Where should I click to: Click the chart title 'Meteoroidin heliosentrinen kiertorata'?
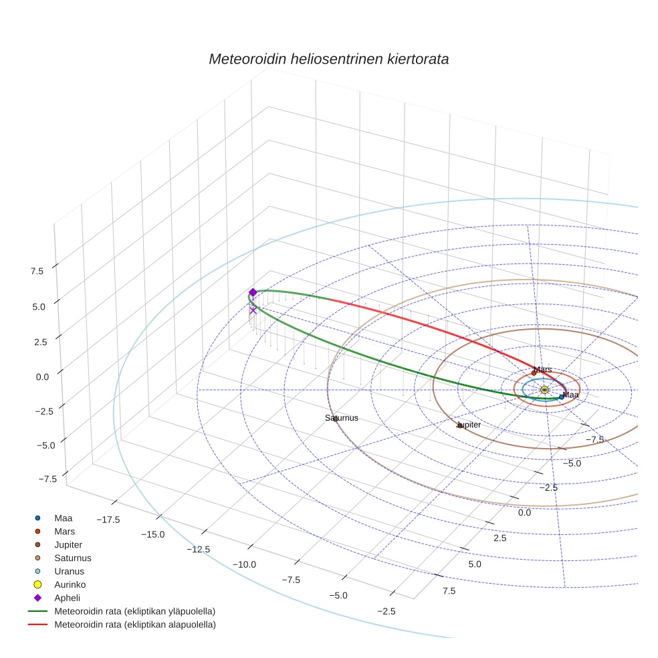click(x=328, y=59)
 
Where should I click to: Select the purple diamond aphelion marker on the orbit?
click(x=253, y=292)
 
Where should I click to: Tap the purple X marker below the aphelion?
click(x=253, y=310)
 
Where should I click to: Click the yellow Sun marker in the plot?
click(x=544, y=390)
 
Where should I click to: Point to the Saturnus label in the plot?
click(x=342, y=418)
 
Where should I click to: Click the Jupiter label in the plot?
click(x=469, y=425)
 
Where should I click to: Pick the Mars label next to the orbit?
click(x=542, y=370)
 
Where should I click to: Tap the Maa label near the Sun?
click(x=570, y=395)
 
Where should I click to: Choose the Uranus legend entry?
click(x=69, y=572)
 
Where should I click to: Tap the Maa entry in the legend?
click(x=64, y=518)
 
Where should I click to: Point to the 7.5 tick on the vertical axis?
click(x=37, y=271)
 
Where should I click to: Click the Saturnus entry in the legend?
click(x=73, y=558)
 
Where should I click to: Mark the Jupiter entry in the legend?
click(x=68, y=545)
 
